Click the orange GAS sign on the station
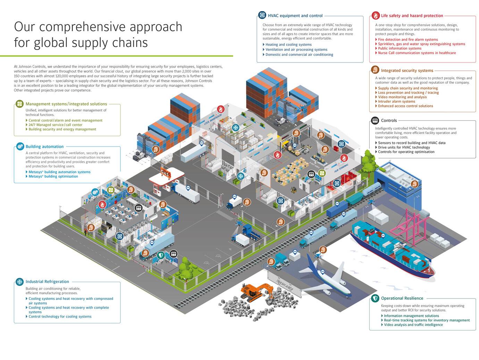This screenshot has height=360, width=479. [x=165, y=173]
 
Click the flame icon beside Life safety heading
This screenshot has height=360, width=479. [x=375, y=16]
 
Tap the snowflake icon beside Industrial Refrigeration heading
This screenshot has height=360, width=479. [x=20, y=282]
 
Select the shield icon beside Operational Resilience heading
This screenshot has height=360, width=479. [x=375, y=298]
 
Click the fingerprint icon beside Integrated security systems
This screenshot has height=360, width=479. [x=375, y=70]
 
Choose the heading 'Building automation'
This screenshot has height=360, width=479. [x=44, y=146]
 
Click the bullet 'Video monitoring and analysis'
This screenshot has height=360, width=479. [x=402, y=97]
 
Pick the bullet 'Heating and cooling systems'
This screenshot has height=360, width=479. [x=288, y=44]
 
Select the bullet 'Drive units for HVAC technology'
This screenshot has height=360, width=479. [x=404, y=147]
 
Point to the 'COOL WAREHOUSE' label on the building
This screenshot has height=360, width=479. [x=213, y=119]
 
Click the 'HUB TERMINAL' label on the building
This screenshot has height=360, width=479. [x=341, y=168]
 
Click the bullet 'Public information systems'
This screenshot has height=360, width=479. [x=400, y=49]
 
